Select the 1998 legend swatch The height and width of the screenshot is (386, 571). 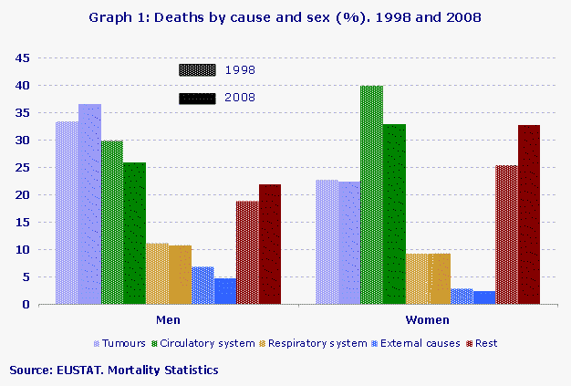[197, 69]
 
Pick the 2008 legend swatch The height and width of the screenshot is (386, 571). [197, 98]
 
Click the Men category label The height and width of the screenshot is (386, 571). [168, 321]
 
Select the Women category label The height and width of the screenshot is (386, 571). [427, 321]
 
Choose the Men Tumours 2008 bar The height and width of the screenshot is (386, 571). [89, 204]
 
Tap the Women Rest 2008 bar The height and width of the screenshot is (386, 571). [529, 214]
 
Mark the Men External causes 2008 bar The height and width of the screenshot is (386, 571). [225, 291]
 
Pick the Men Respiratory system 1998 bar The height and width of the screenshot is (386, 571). [157, 274]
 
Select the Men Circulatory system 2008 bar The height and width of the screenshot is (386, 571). [134, 234]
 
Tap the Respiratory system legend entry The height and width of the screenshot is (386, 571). [312, 343]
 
